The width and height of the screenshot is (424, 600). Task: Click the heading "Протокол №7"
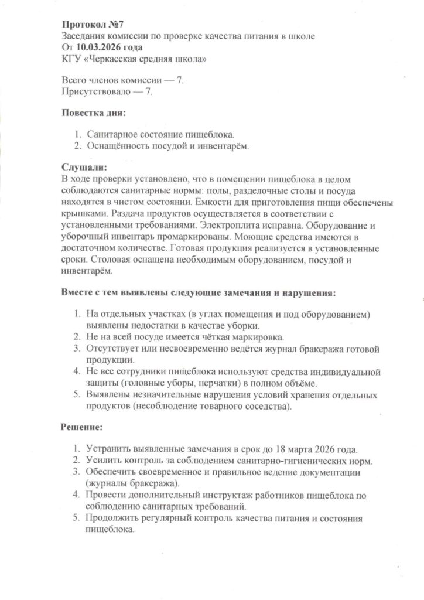pyautogui.click(x=93, y=25)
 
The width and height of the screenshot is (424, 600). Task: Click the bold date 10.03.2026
pyautogui.click(x=97, y=47)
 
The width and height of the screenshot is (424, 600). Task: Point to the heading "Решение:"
pyautogui.click(x=82, y=427)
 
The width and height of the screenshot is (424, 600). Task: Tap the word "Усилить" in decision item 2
pyautogui.click(x=103, y=461)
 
